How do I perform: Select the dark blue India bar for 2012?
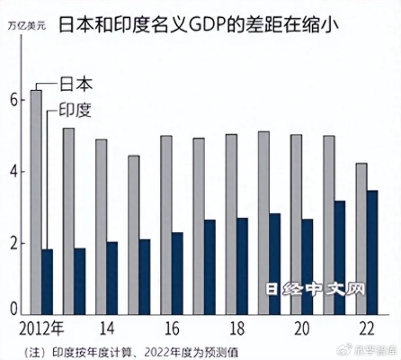click(x=48, y=280)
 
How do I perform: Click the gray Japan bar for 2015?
click(x=133, y=234)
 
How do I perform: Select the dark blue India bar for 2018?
click(x=242, y=265)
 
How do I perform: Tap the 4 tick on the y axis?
click(x=13, y=172)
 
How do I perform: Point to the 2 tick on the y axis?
click(x=13, y=243)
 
